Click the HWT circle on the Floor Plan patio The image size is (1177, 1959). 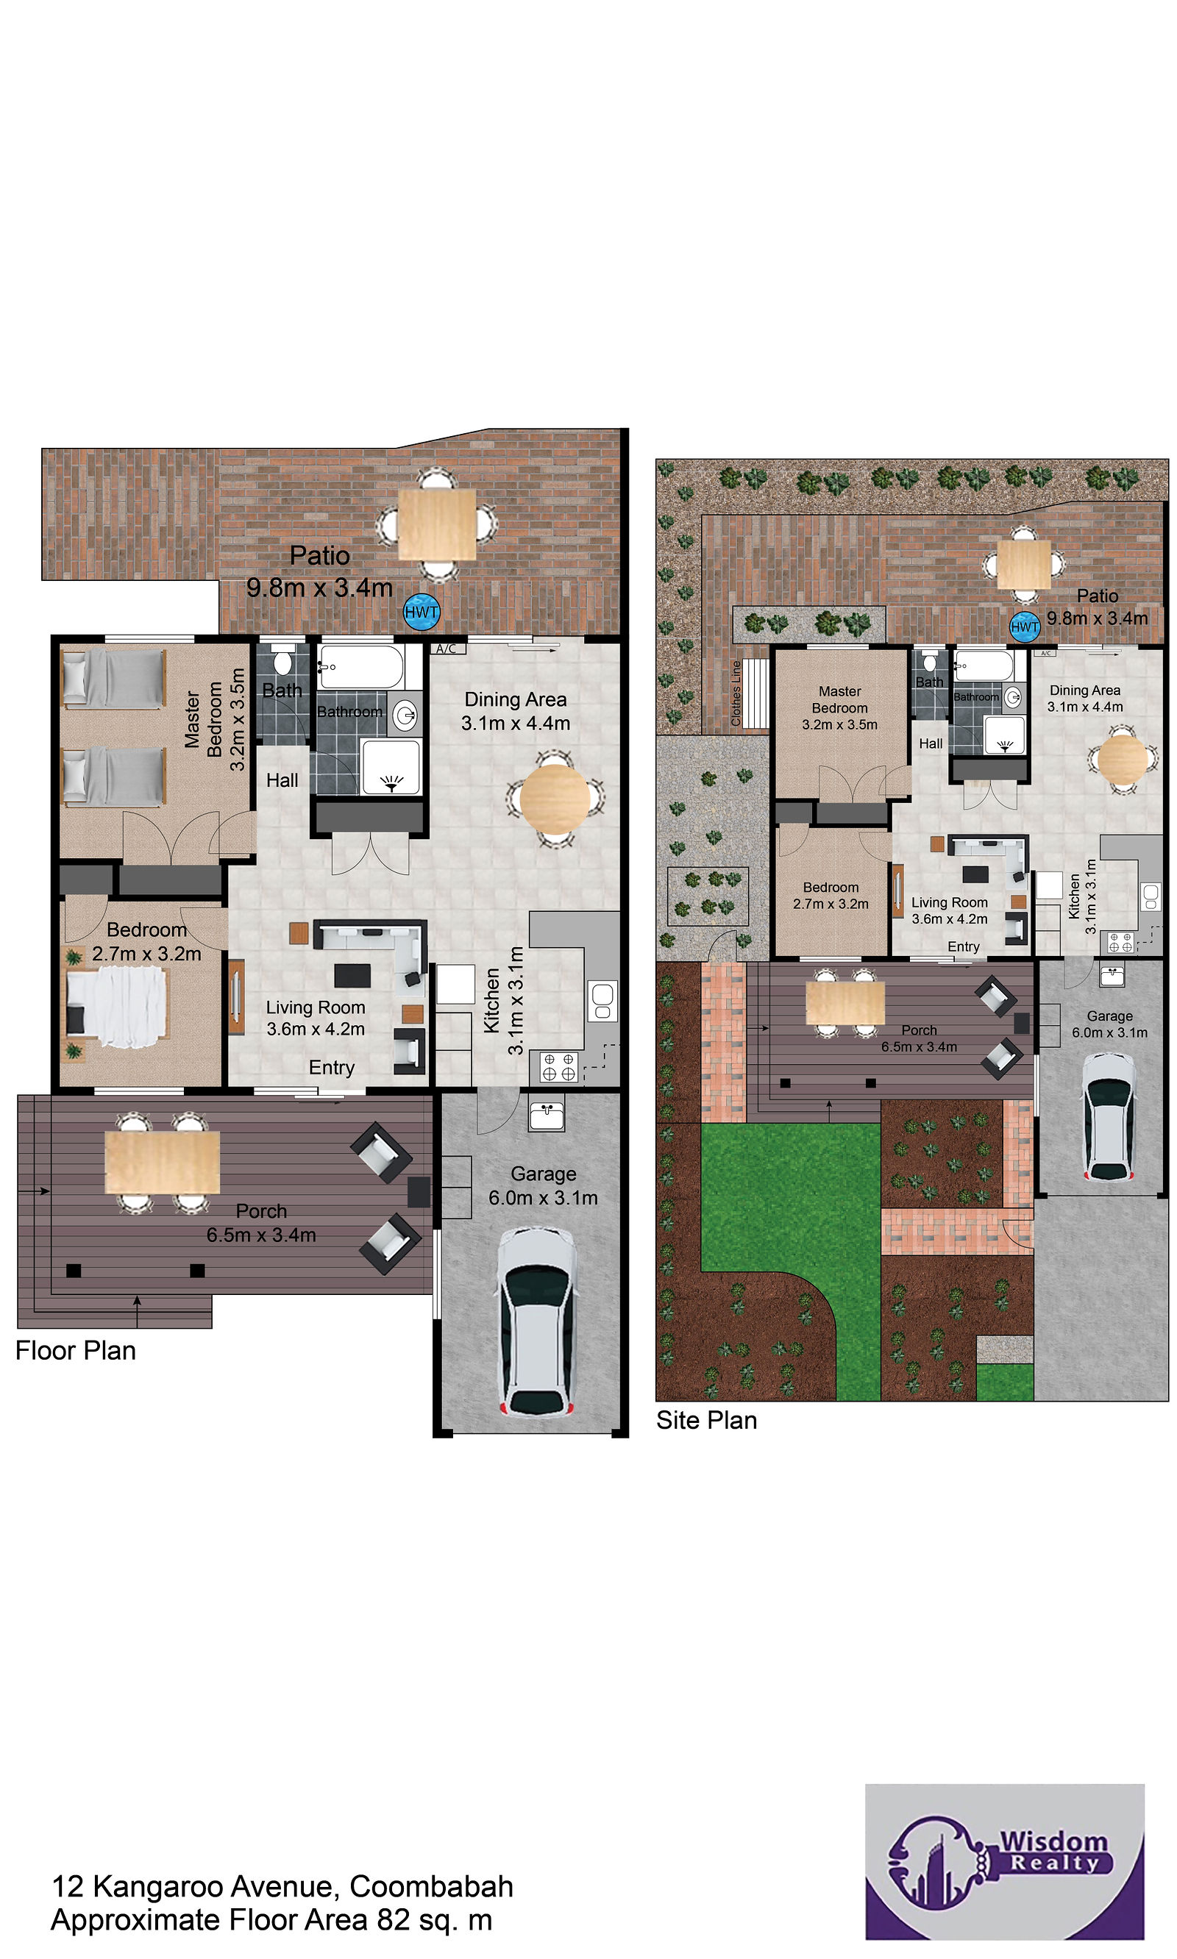click(x=422, y=612)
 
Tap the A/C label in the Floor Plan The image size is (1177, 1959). click(x=447, y=649)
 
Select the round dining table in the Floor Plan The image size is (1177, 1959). click(x=555, y=799)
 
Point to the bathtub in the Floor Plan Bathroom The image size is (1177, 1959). click(x=361, y=667)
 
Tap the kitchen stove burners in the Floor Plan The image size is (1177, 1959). click(x=559, y=1067)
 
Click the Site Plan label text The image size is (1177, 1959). click(x=707, y=1420)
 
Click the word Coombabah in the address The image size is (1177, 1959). click(x=432, y=1886)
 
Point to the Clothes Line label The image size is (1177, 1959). click(x=736, y=693)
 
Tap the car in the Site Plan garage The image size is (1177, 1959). click(x=1110, y=1117)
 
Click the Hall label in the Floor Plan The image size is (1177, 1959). click(x=282, y=781)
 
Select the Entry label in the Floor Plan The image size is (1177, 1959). click(x=332, y=1068)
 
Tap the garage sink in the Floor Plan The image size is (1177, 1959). click(x=547, y=1116)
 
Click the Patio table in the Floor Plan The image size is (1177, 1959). click(x=437, y=524)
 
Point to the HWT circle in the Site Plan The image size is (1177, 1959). click(x=1025, y=627)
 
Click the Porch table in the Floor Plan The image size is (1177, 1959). click(x=163, y=1161)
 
